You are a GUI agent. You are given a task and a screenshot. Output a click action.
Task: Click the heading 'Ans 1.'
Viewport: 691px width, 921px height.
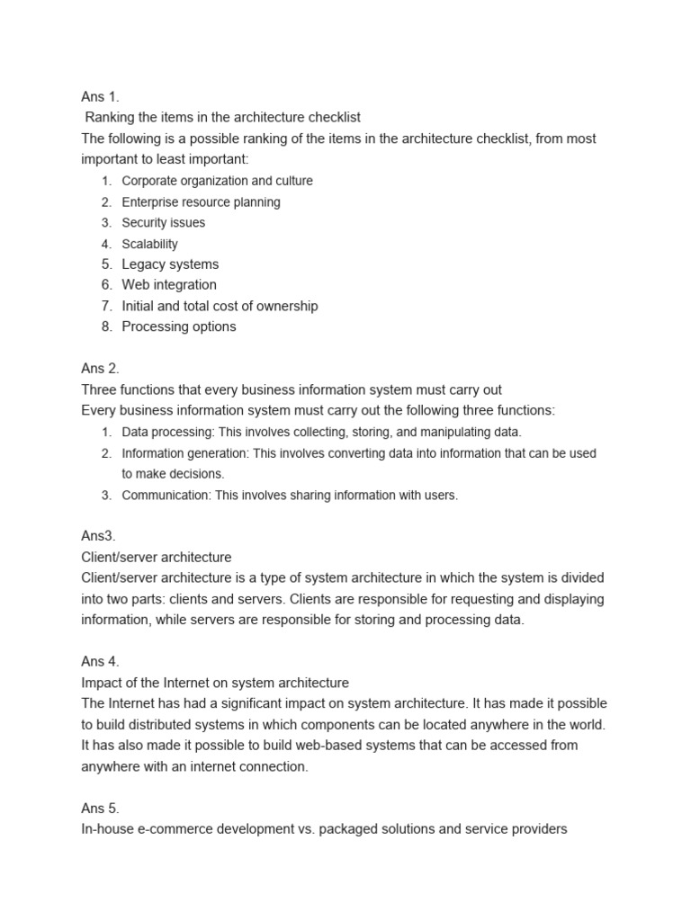(100, 97)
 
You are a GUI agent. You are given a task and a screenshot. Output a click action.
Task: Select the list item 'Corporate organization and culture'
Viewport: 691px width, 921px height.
(217, 181)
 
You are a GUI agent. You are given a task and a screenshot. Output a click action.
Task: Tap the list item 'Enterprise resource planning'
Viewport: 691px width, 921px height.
(201, 202)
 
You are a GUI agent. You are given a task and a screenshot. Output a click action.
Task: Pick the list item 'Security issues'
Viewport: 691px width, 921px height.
(163, 223)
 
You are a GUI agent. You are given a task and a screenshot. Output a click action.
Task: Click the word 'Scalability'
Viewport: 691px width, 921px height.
(149, 244)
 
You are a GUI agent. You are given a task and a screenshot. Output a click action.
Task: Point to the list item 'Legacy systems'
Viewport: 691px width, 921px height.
(170, 264)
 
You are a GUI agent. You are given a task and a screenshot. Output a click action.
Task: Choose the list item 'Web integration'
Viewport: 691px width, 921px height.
(169, 285)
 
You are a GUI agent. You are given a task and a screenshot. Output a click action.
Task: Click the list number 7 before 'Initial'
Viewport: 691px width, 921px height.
(106, 306)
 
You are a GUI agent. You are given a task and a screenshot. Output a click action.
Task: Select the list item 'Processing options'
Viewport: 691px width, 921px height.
(179, 326)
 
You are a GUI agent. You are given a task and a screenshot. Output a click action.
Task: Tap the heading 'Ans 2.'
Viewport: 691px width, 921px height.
(100, 369)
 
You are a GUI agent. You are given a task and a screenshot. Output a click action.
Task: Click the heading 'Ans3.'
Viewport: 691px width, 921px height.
(98, 536)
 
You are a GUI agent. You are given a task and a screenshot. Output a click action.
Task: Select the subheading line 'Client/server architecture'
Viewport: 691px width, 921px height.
(157, 558)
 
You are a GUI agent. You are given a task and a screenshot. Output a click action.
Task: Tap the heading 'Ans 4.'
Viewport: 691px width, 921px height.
(100, 662)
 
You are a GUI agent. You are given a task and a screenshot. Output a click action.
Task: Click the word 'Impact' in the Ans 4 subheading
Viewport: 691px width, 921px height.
(101, 683)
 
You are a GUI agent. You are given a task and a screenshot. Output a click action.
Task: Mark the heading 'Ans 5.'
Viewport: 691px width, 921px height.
(100, 809)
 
